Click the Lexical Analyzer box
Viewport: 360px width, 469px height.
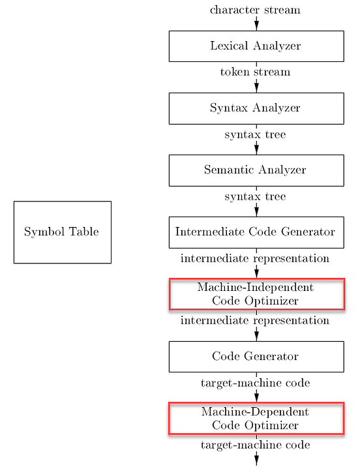[x=256, y=46]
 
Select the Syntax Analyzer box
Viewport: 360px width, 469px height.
[x=256, y=108]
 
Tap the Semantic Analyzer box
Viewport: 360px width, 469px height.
[x=256, y=170]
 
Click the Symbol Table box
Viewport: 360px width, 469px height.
[x=62, y=232]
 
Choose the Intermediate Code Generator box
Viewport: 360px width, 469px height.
[x=256, y=232]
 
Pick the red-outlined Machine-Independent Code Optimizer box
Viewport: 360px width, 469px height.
[x=256, y=294]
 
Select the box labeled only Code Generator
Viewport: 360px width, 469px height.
[x=256, y=356]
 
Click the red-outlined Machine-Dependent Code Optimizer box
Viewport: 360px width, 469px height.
[x=256, y=419]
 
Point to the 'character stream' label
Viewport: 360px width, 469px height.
[x=255, y=10]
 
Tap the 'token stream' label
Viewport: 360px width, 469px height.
[x=255, y=72]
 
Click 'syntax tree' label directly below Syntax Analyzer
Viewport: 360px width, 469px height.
[x=255, y=134]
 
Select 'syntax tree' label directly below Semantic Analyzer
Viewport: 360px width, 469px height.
[x=255, y=196]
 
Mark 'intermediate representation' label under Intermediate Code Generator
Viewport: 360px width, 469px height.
[x=255, y=258]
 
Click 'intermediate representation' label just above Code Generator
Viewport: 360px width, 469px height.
[x=255, y=320]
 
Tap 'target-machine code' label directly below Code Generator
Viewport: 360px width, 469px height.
[x=255, y=383]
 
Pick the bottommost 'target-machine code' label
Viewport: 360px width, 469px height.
[x=255, y=445]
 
